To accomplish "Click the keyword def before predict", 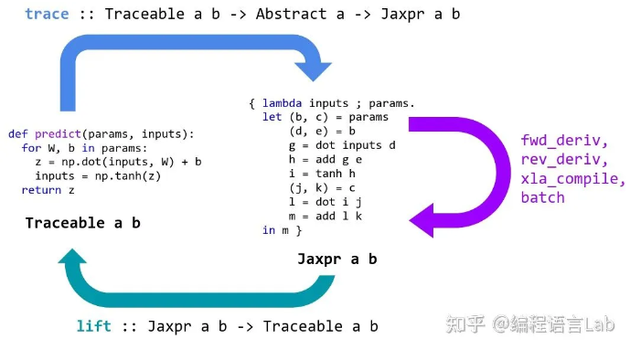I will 18,133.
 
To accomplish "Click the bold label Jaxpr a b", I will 337,259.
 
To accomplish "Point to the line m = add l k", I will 325,216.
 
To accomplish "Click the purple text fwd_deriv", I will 563,142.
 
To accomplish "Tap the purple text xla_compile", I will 572,179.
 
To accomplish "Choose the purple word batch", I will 542,197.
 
